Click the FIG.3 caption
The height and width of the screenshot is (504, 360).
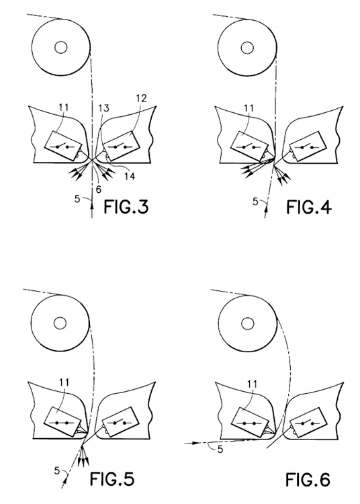click(126, 206)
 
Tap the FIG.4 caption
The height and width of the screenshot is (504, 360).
click(308, 206)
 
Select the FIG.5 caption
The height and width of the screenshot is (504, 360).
click(111, 479)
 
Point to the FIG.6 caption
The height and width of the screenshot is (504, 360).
click(308, 480)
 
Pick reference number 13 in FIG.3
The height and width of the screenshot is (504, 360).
click(103, 108)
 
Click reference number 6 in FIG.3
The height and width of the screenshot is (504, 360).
click(99, 190)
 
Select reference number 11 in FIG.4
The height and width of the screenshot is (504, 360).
click(249, 108)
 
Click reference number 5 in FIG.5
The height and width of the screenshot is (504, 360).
click(57, 471)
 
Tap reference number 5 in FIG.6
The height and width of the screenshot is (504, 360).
click(220, 450)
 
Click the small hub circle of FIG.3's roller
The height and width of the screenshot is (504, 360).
click(60, 48)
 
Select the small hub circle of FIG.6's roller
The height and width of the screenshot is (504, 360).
click(247, 323)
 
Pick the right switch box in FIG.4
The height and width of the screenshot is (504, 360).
click(308, 146)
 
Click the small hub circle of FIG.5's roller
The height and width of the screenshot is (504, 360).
click(60, 323)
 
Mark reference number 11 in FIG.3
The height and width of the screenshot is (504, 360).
click(64, 107)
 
